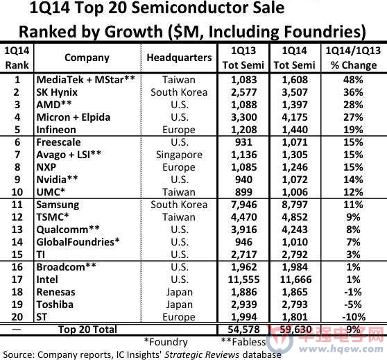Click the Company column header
click(87, 58)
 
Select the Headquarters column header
click(179, 58)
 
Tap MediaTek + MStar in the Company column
click(85, 80)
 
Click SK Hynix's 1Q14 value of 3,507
click(295, 92)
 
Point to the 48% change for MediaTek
click(353, 80)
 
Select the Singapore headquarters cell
click(179, 155)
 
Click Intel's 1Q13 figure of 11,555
click(243, 280)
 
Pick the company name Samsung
click(58, 205)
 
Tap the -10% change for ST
click(354, 317)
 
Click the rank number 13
click(17, 230)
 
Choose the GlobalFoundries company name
click(78, 242)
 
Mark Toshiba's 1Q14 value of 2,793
click(295, 305)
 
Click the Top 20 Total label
click(87, 329)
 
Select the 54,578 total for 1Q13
click(243, 329)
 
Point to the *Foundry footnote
click(166, 342)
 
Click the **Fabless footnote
click(243, 342)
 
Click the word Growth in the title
click(134, 32)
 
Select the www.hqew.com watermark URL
click(341, 349)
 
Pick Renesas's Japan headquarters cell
click(179, 292)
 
